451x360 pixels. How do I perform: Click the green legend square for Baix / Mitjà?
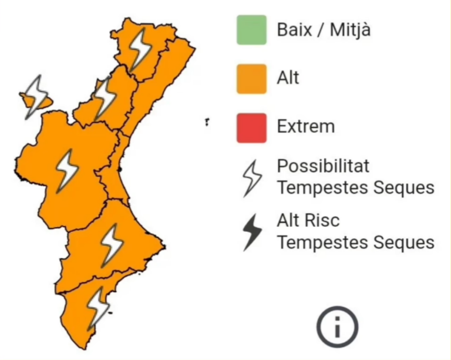[251, 29]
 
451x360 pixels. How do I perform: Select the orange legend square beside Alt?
[251, 78]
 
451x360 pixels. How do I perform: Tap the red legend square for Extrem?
[251, 127]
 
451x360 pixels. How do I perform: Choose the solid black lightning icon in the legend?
[253, 231]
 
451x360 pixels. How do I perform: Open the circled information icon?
[337, 326]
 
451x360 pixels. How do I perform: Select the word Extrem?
[306, 126]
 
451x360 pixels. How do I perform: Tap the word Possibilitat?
[324, 166]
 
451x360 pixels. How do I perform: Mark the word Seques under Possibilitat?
[405, 188]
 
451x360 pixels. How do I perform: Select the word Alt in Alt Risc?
[288, 221]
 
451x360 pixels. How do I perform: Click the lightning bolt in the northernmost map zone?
[140, 49]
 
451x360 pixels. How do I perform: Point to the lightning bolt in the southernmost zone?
[97, 307]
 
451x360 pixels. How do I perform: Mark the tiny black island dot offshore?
[207, 123]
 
